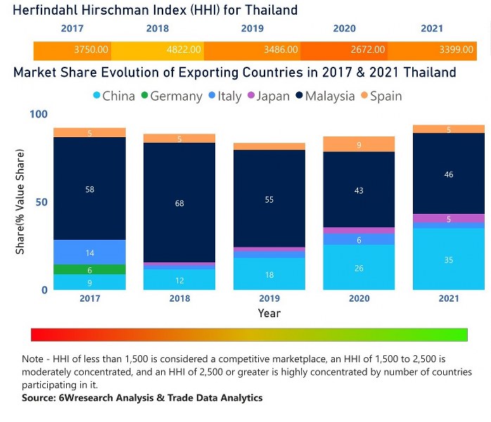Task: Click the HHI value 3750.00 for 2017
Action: point(91,50)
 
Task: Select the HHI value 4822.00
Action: point(184,50)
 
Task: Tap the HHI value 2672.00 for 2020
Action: point(368,50)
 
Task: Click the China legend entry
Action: point(113,96)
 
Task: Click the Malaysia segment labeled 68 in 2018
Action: point(179,203)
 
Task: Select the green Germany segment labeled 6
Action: point(89,269)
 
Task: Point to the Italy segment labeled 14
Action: point(89,252)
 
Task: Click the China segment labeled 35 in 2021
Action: point(448,260)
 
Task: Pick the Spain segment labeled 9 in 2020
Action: point(359,144)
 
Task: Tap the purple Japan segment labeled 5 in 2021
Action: point(448,219)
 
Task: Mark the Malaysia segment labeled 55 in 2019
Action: point(269,199)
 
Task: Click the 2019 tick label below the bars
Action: point(269,299)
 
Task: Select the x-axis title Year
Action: point(269,313)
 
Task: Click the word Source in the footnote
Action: point(40,398)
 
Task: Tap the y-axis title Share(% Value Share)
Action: point(20,203)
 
